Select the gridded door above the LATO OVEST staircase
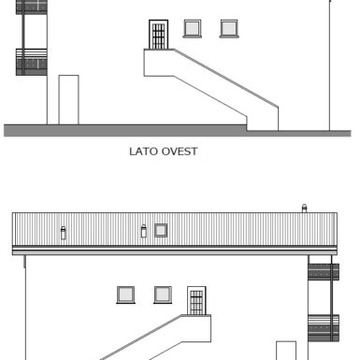[158, 35]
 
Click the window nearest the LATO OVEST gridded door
[193, 28]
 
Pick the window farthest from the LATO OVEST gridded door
[229, 28]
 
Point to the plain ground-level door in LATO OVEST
[68, 100]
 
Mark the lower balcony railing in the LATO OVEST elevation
[32, 62]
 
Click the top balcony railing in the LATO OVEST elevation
[32, 7]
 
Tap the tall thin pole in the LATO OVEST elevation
[330, 65]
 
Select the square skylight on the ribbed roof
[161, 231]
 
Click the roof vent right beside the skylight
[144, 231]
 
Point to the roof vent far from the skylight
[64, 233]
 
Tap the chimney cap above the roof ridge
[304, 209]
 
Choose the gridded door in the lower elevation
[196, 301]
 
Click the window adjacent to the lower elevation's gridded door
[163, 295]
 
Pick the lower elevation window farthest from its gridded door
[125, 295]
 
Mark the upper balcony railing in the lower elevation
[324, 272]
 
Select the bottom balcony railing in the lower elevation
[324, 328]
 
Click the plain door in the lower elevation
[286, 351]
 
